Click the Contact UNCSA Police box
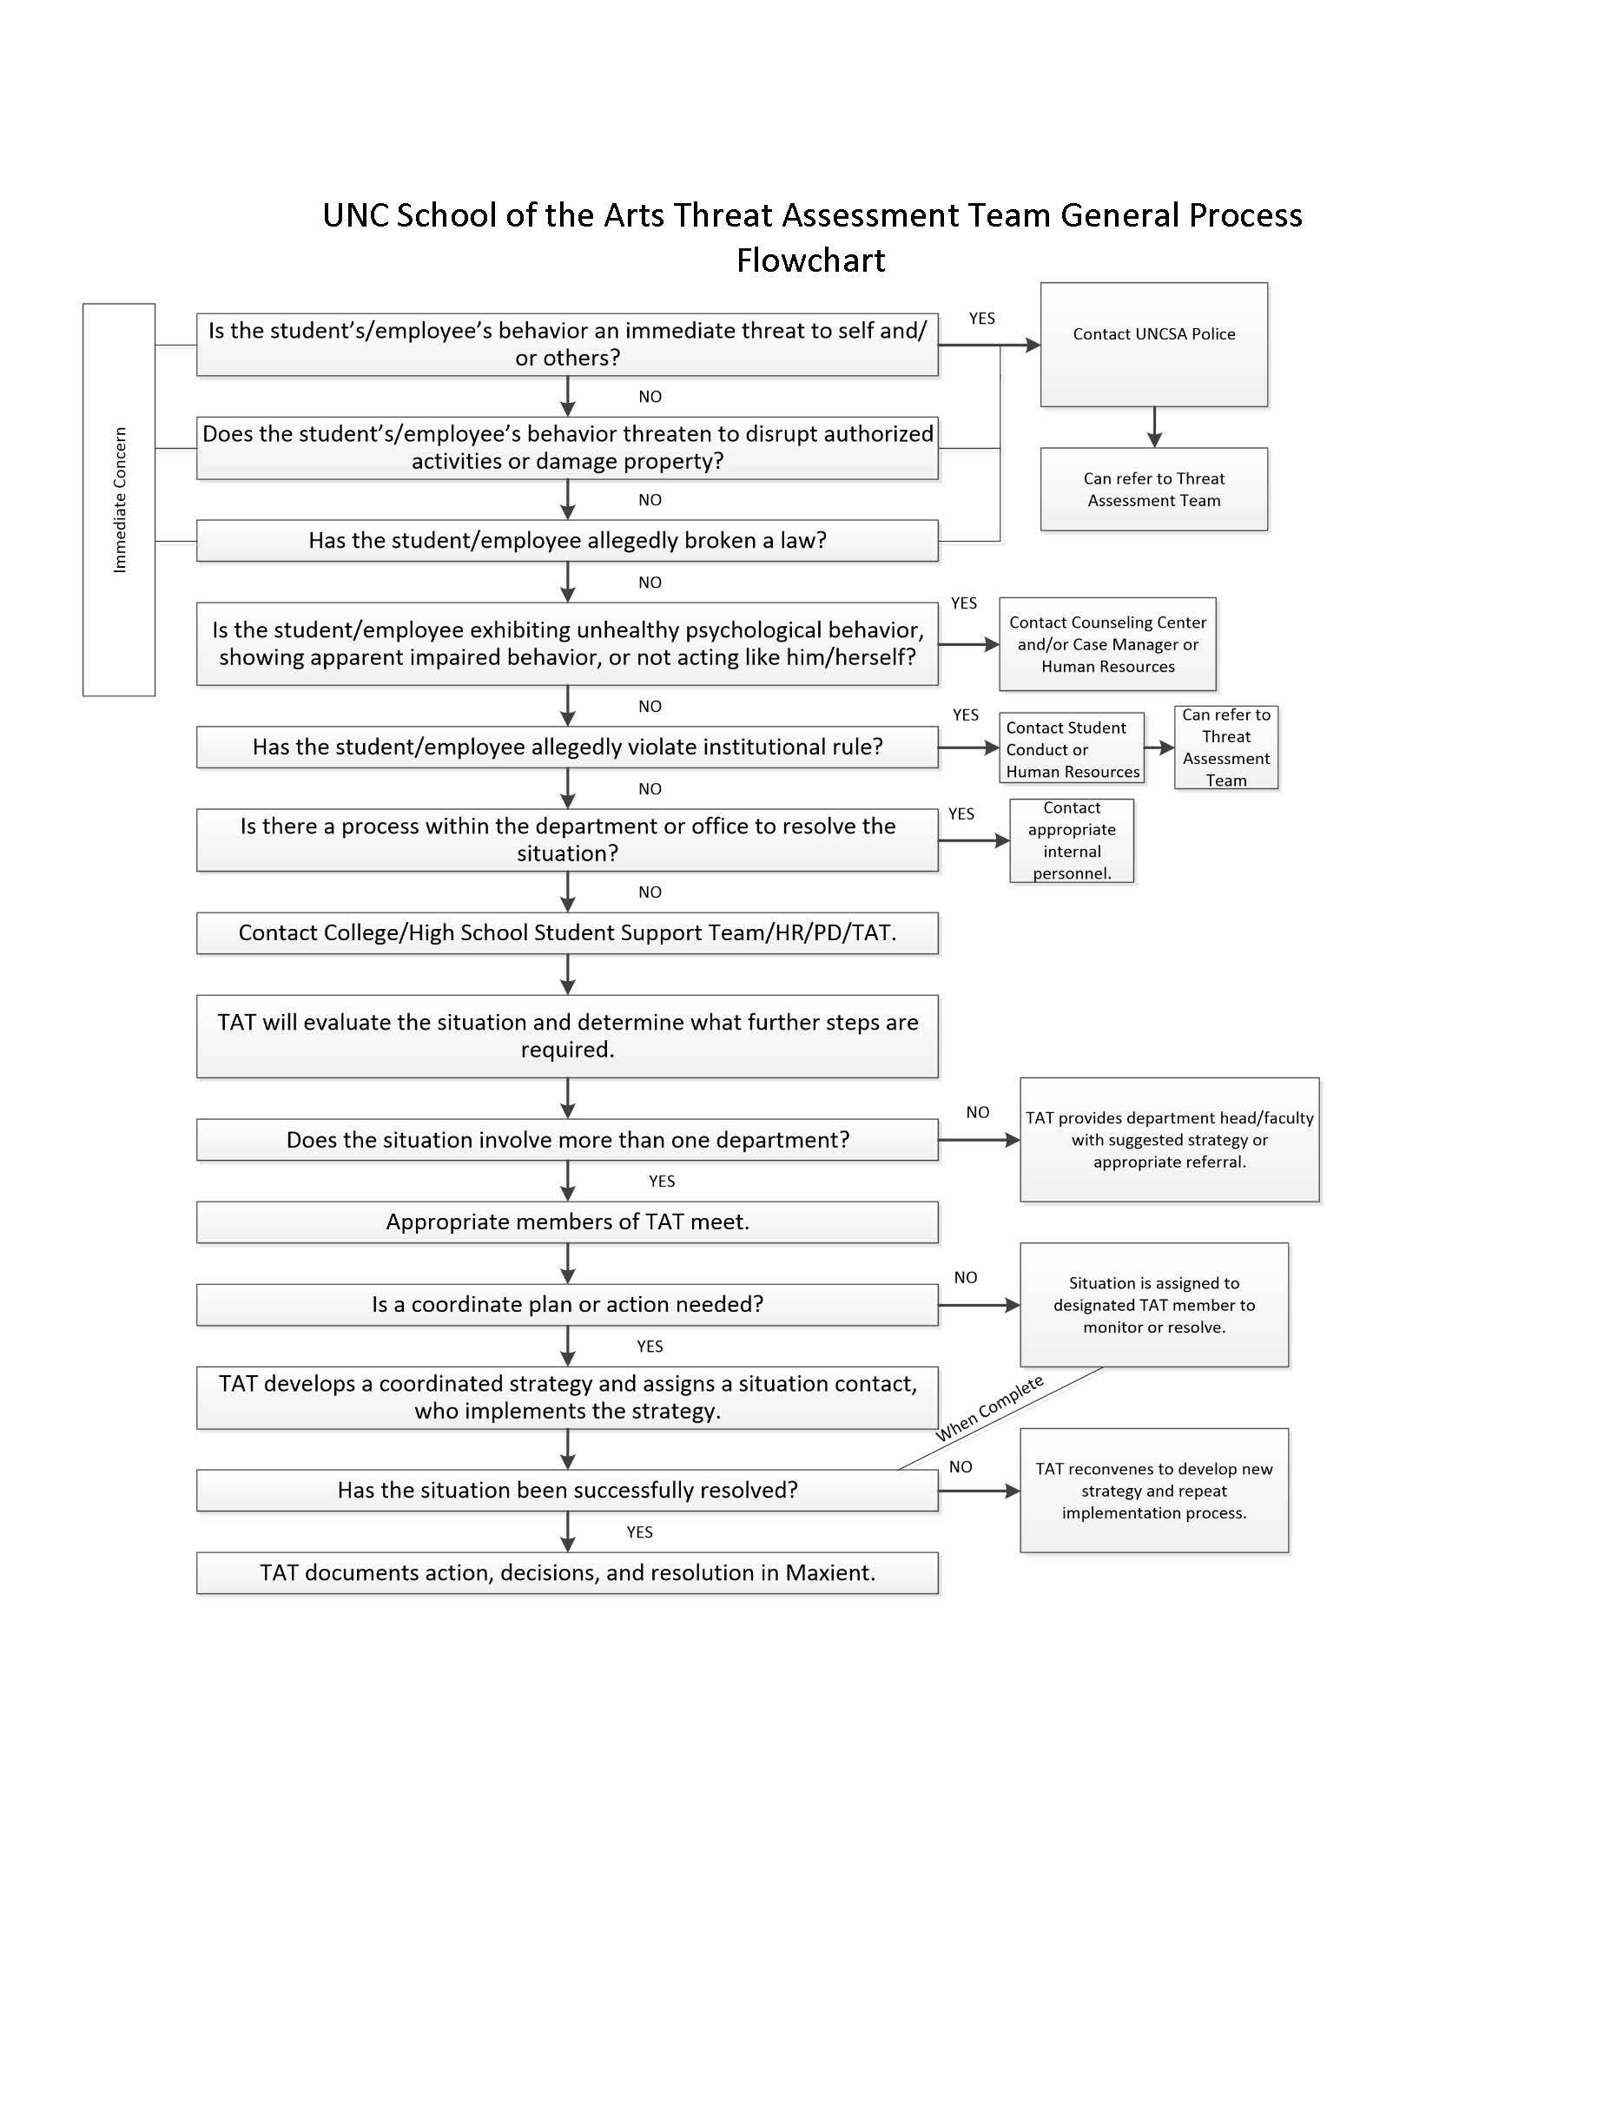[x=1152, y=344]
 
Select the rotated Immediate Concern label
[x=119, y=499]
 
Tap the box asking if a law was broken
[x=567, y=541]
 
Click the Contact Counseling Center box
[x=1107, y=643]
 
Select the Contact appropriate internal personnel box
[x=1071, y=840]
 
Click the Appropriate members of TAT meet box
[x=567, y=1222]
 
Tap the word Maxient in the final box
[x=829, y=1572]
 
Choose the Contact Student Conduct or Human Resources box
[x=1071, y=748]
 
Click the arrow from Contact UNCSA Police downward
[x=1153, y=427]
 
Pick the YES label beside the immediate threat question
[x=981, y=319]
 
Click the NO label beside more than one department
[x=978, y=1112]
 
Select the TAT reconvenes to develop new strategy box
[x=1153, y=1490]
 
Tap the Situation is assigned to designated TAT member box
[x=1153, y=1305]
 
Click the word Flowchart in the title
[x=810, y=260]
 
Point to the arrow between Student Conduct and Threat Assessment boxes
[x=1159, y=748]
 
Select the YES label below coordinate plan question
[x=650, y=1346]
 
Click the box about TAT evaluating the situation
[x=567, y=1035]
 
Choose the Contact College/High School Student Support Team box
[x=567, y=932]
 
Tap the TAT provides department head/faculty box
[x=1169, y=1139]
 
